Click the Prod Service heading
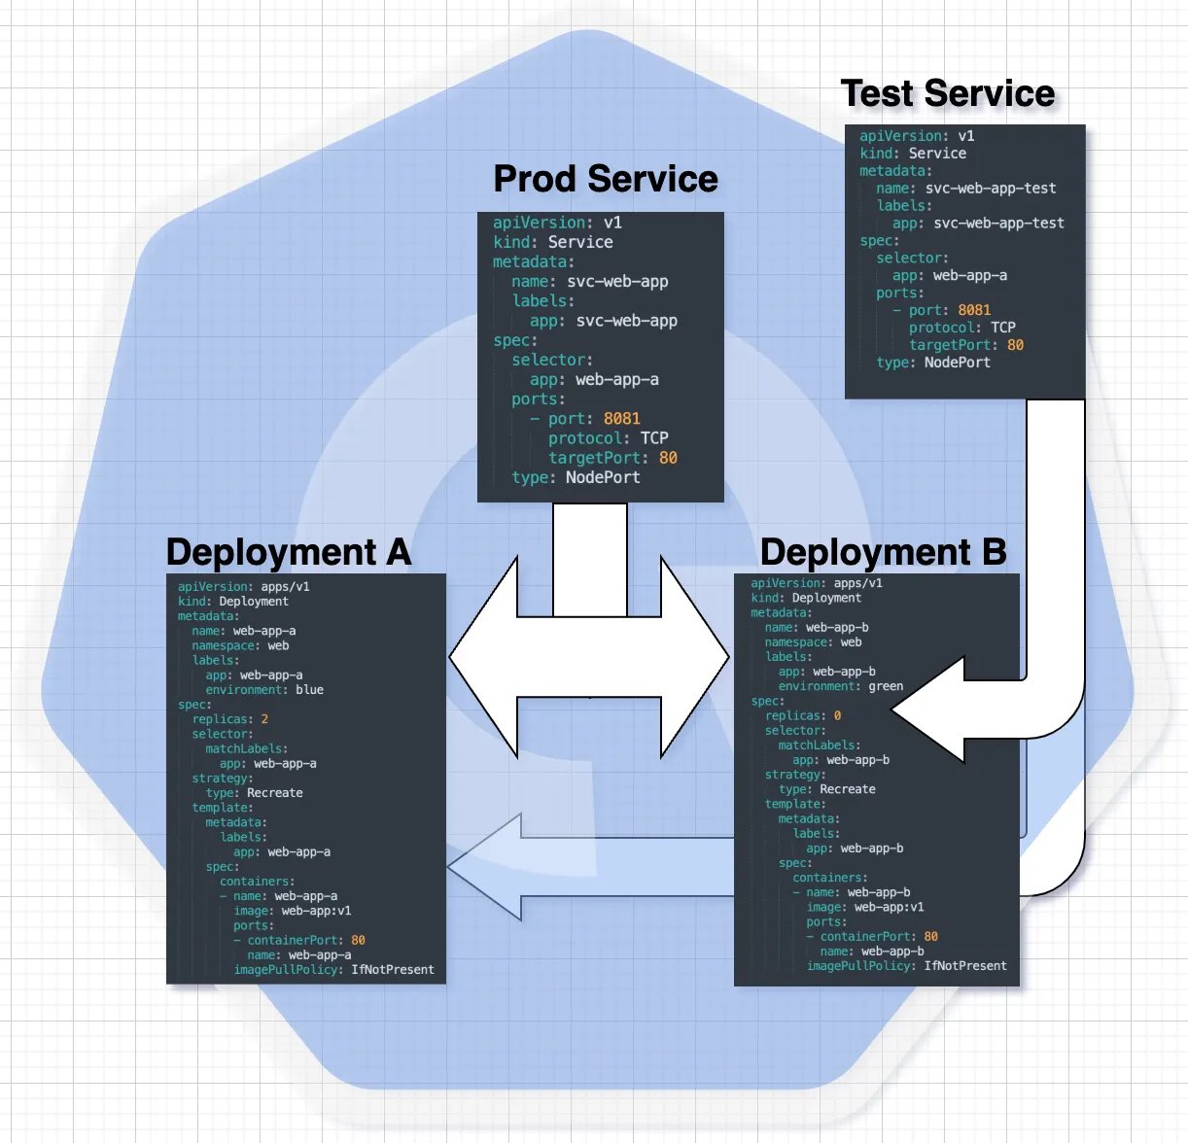(x=605, y=179)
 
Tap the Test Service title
(x=947, y=93)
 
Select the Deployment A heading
(x=289, y=552)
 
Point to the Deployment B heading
(x=883, y=552)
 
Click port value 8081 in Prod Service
(x=621, y=419)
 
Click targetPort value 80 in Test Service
(x=1015, y=345)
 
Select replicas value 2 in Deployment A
(x=264, y=719)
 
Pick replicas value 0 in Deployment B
(x=837, y=715)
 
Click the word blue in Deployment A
(x=309, y=690)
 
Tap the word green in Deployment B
(x=885, y=686)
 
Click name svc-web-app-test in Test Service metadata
(x=990, y=189)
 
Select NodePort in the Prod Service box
(x=603, y=477)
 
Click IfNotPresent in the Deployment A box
(x=392, y=970)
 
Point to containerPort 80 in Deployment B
(x=930, y=937)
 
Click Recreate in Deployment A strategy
(x=274, y=793)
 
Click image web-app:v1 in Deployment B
(x=889, y=907)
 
